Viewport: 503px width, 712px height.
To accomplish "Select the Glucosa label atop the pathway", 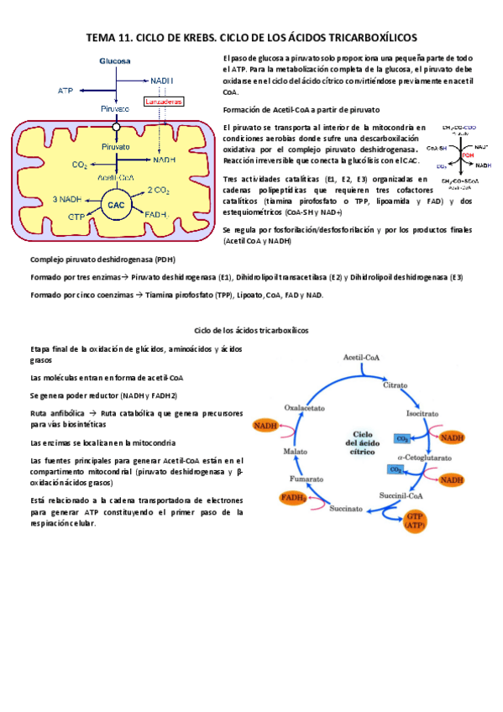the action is tap(115, 61).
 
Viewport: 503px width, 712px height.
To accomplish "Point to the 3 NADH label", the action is tap(66, 199).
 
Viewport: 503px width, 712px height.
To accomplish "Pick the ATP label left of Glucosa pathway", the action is tap(65, 89).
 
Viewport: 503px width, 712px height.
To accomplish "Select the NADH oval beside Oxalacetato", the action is tap(267, 426).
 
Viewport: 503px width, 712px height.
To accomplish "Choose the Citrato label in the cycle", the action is tap(396, 385).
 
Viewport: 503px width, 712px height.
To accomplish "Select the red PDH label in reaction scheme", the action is tap(466, 155).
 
